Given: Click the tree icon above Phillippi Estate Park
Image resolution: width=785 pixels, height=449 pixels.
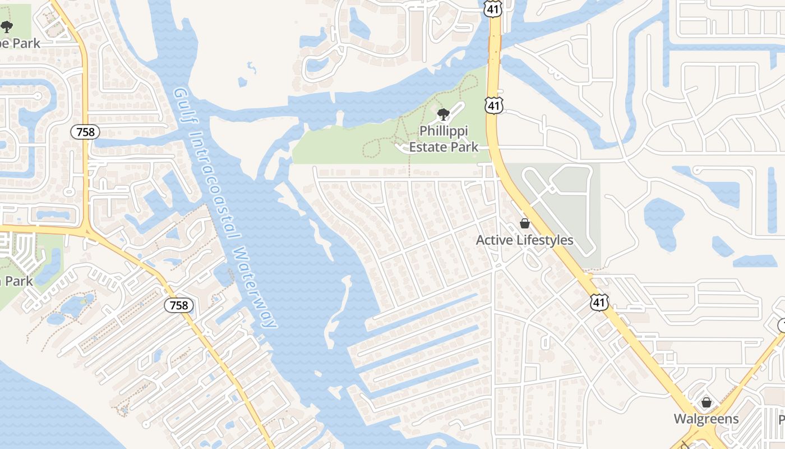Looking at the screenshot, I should point(444,115).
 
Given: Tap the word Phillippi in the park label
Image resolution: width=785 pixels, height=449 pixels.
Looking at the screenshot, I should point(444,131).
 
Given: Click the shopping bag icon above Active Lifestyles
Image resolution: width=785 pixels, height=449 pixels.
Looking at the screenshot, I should point(525,223).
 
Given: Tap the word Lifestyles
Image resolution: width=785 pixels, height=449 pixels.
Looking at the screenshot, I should point(544,240).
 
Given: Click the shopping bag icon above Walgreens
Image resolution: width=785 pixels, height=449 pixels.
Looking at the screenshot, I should point(706,402).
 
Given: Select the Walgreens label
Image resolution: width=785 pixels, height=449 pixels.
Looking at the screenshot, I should point(706,419).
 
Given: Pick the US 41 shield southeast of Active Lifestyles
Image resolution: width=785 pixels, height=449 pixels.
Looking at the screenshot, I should point(599,303).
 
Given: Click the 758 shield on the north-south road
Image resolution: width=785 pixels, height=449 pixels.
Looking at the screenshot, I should point(85,132).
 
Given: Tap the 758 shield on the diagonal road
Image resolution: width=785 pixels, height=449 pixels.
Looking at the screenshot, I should point(179,305).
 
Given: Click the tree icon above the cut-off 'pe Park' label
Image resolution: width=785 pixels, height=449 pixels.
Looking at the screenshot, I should point(6,26).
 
